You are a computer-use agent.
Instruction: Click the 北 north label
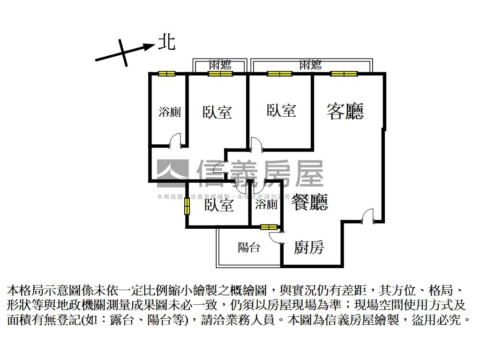click(x=166, y=42)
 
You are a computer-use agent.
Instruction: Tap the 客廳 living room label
click(x=345, y=111)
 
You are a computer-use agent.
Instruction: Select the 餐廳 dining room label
click(x=309, y=202)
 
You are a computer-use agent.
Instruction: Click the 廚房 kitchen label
click(x=308, y=247)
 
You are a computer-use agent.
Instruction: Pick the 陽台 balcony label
click(x=248, y=247)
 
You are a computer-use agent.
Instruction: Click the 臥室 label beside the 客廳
click(x=281, y=111)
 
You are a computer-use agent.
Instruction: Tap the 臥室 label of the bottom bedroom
click(x=218, y=205)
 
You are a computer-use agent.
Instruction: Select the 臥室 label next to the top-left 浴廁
click(x=217, y=112)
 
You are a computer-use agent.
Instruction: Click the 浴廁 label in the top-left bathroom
click(x=170, y=112)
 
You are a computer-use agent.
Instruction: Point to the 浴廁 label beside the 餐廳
click(x=266, y=204)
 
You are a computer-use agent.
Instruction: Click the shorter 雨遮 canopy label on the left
click(x=220, y=66)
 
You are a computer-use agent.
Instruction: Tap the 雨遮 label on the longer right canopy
click(x=310, y=65)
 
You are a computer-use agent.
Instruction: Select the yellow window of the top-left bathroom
click(x=166, y=74)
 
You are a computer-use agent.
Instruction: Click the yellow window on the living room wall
click(x=344, y=74)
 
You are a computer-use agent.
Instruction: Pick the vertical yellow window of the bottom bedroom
click(x=187, y=207)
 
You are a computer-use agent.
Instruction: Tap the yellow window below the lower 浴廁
click(x=269, y=227)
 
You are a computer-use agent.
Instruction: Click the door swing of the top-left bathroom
click(x=175, y=140)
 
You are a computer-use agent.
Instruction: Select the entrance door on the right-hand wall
click(x=367, y=217)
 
